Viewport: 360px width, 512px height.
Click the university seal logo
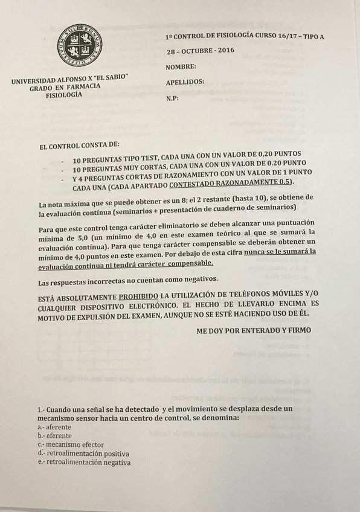pos(79,46)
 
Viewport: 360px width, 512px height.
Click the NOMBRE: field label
pos(181,66)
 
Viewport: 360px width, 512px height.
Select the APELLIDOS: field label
pos(184,82)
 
